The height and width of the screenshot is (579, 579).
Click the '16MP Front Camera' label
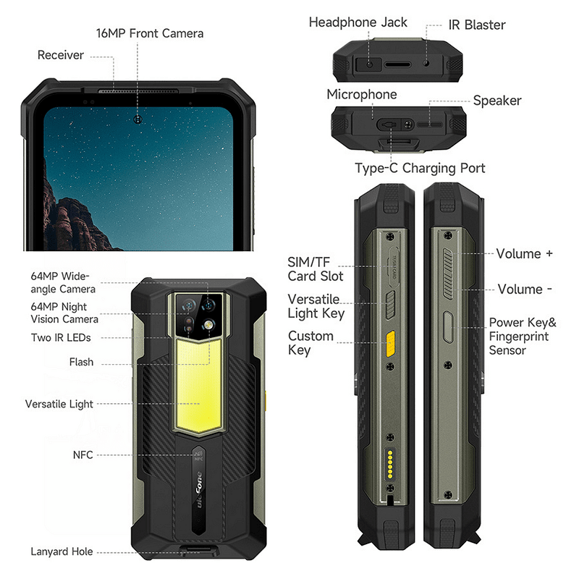click(150, 33)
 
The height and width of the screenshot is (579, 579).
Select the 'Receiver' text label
click(61, 55)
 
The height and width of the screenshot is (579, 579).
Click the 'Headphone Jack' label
click(358, 22)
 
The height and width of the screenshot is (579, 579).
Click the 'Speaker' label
click(497, 101)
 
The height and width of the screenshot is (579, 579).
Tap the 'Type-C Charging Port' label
click(420, 169)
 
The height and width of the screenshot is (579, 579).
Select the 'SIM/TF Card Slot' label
click(315, 269)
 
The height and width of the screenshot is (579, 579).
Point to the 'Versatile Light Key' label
click(316, 306)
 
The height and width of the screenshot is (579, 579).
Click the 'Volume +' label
click(525, 254)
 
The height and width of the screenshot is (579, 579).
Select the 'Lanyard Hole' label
click(62, 551)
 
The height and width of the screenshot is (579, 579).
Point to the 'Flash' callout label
click(81, 362)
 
